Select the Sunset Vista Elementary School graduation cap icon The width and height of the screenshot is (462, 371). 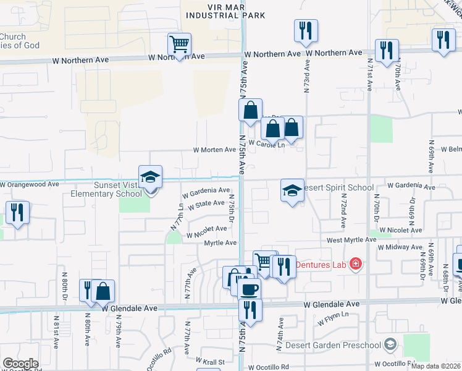150,177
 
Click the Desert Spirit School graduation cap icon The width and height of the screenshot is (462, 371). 292,190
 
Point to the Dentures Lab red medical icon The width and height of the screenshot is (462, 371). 355,265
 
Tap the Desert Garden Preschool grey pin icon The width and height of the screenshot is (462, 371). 390,344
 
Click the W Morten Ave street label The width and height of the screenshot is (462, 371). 214,150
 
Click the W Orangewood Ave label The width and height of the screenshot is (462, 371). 30,184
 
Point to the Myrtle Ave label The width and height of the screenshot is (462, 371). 221,243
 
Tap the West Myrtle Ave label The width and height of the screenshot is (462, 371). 351,240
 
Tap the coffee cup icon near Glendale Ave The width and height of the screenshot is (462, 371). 250,289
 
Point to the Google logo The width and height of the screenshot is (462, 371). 20,364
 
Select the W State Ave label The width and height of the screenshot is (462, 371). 206,203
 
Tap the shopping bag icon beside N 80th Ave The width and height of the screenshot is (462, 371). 104,291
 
